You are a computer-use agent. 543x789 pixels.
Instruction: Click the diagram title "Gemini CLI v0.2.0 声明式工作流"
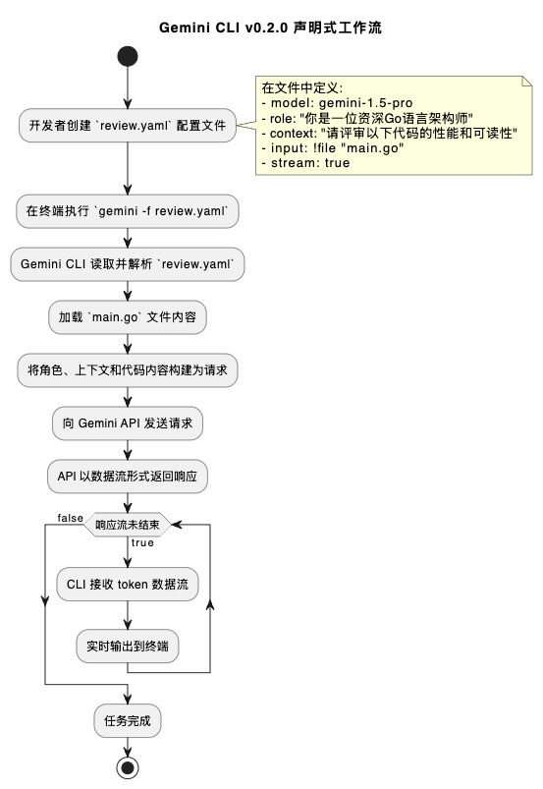pyautogui.click(x=270, y=28)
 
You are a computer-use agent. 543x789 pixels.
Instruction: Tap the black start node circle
pyautogui.click(x=128, y=57)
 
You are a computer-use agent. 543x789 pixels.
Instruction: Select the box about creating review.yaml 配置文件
pyautogui.click(x=128, y=125)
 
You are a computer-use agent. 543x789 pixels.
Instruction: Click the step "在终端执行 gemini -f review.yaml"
pyautogui.click(x=128, y=210)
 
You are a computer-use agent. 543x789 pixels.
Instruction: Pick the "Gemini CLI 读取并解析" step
pyautogui.click(x=128, y=263)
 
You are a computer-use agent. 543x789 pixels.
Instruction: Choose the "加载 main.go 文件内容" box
pyautogui.click(x=128, y=317)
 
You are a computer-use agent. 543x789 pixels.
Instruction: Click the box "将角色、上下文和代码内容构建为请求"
pyautogui.click(x=128, y=370)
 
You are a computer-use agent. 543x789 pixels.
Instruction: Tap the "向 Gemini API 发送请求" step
pyautogui.click(x=128, y=423)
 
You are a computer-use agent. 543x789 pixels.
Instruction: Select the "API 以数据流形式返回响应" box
pyautogui.click(x=128, y=477)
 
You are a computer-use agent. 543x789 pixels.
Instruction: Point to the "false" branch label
pyautogui.click(x=70, y=517)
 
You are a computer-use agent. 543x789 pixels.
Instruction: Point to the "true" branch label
pyautogui.click(x=142, y=542)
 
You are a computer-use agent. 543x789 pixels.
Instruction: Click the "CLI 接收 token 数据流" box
pyautogui.click(x=128, y=584)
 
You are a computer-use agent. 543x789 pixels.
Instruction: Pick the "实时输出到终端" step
pyautogui.click(x=128, y=646)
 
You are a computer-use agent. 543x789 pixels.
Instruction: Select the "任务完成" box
pyautogui.click(x=128, y=720)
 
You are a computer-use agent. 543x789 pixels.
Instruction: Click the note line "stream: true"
pyautogui.click(x=305, y=162)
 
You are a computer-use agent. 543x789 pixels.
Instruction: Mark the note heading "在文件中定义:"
pyautogui.click(x=301, y=86)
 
